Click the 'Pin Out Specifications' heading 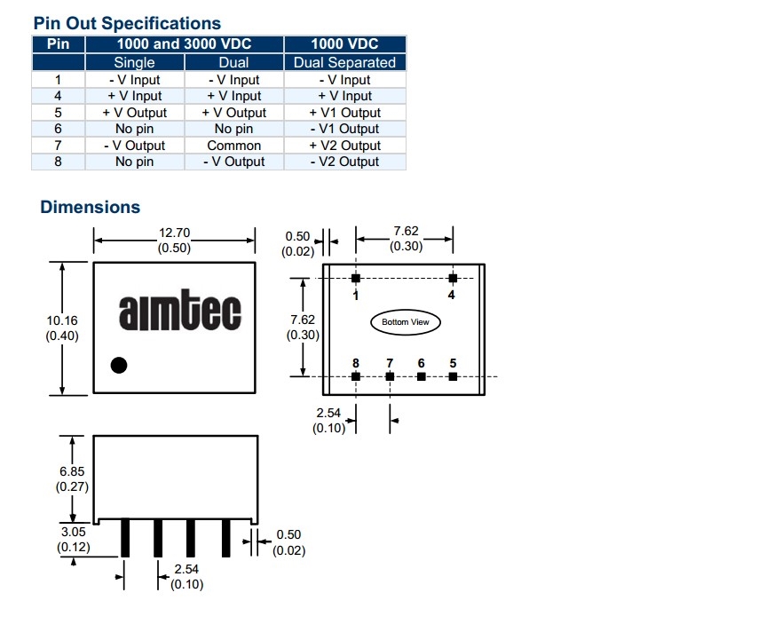pos(127,23)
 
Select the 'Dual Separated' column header pos(344,62)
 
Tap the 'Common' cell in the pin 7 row pos(233,146)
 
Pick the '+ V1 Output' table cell pos(344,113)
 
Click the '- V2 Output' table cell pos(344,162)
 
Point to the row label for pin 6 pos(58,129)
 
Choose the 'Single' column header pos(134,62)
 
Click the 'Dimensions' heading pos(90,207)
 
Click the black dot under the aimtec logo pos(118,364)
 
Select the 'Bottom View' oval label pos(406,321)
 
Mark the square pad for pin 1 pos(356,279)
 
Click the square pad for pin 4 pos(452,279)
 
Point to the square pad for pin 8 pos(356,376)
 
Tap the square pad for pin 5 pos(453,376)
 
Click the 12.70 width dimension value pos(174,233)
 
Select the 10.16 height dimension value pos(62,320)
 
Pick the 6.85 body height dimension pos(72,471)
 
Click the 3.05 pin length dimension pos(72,532)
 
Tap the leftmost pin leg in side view pos(125,537)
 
